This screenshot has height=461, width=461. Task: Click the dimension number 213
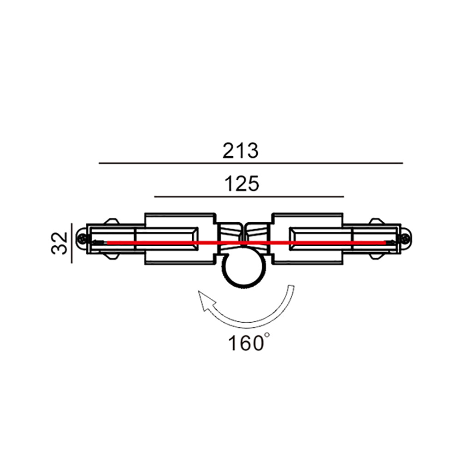coord(240,151)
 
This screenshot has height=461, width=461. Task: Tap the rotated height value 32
coord(60,243)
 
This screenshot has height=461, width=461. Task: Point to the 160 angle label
coord(244,343)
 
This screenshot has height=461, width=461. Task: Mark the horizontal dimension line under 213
coord(251,163)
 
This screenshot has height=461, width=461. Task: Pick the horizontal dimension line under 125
coord(249,197)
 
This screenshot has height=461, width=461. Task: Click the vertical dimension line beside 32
coord(72,243)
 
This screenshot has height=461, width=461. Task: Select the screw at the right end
coord(406,239)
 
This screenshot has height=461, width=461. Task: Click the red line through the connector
coord(184,242)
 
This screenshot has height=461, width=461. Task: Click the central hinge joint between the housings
coord(244,235)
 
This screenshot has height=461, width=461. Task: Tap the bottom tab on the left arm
coord(111,255)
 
